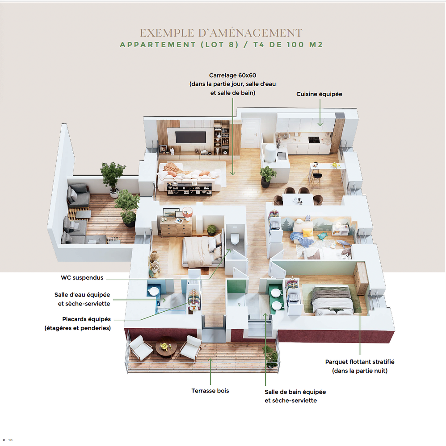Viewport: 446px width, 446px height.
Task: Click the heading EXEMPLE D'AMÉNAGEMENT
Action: [221, 33]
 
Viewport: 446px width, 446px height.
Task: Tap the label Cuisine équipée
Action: [319, 94]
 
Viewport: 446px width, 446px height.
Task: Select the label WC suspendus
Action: [82, 277]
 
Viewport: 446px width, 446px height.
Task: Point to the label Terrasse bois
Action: [210, 391]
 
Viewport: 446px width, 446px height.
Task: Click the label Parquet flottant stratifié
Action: [360, 362]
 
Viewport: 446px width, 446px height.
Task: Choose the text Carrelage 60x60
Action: [232, 75]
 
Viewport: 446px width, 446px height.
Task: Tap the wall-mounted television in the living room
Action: [190, 137]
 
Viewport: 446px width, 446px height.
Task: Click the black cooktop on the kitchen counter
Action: [314, 140]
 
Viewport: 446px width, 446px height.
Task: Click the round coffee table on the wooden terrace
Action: [166, 347]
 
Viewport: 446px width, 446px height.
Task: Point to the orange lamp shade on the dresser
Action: [188, 212]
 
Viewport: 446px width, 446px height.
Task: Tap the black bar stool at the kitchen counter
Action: [316, 178]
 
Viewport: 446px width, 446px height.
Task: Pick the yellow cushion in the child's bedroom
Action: [307, 233]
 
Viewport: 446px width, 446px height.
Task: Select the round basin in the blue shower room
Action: [154, 291]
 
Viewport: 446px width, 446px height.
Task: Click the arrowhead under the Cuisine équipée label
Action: [320, 124]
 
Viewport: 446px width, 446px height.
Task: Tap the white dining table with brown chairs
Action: [298, 199]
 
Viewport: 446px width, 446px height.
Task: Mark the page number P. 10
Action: [8, 440]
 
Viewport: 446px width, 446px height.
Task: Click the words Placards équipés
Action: [86, 319]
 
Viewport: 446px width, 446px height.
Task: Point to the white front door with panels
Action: [251, 133]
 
